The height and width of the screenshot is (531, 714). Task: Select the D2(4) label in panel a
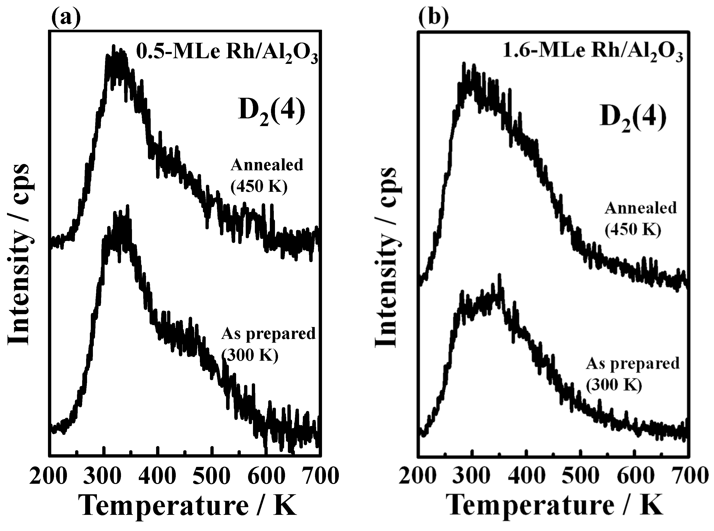coord(271,113)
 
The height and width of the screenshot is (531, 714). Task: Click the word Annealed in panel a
coord(267,165)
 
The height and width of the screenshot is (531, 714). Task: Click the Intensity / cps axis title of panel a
coord(19,254)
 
